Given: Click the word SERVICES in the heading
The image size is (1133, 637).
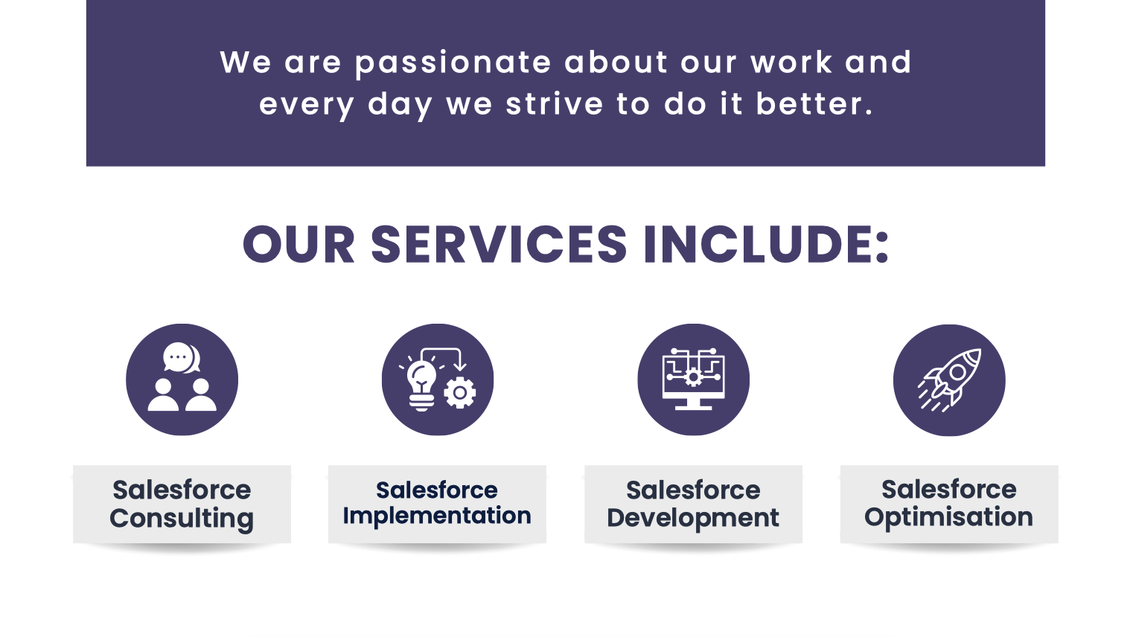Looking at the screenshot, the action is click(x=499, y=245).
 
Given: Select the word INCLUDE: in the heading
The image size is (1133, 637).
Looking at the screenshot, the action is click(x=766, y=245).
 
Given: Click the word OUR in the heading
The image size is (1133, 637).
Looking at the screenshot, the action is click(x=299, y=245).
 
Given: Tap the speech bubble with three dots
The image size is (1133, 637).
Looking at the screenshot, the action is click(x=178, y=357).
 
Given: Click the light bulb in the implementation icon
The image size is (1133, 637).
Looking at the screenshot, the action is click(x=421, y=384).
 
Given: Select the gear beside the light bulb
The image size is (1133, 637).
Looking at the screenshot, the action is click(x=460, y=392).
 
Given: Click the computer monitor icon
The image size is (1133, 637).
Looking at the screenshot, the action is click(x=694, y=380).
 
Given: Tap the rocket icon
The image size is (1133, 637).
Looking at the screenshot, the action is click(x=950, y=380).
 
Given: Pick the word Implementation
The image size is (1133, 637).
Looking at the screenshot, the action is click(x=437, y=516).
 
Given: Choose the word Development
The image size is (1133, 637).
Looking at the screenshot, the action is click(x=693, y=518).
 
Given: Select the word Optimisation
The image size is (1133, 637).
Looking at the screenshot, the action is click(x=948, y=517).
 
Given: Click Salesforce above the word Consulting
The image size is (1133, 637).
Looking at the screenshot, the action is click(x=182, y=490).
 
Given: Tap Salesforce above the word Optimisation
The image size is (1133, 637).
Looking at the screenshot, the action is click(x=949, y=490).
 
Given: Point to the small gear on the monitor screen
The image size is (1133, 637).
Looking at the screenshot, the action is click(x=694, y=377).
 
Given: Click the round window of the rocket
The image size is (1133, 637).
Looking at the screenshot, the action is click(x=957, y=372).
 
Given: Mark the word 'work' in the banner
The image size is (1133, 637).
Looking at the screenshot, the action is click(x=791, y=63).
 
